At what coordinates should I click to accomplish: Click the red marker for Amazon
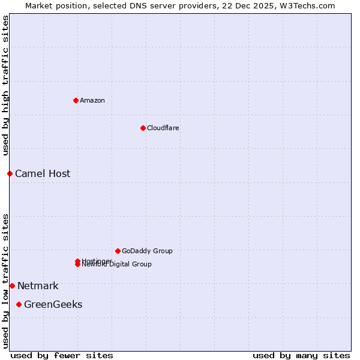coord(76,100)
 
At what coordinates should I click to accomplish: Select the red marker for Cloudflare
coord(143,128)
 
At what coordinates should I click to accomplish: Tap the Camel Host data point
coord(10,173)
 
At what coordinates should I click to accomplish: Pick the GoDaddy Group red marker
coord(118,251)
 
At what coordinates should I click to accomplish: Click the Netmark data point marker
coord(12,286)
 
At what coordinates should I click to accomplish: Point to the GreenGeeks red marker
coord(19,304)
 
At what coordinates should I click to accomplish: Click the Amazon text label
coord(92,100)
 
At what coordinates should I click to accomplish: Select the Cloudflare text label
coord(163,128)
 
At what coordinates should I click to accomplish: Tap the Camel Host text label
coord(43,173)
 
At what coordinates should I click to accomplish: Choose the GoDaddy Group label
coord(147,251)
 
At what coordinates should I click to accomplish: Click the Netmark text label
coord(38,286)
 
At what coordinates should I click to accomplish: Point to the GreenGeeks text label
coord(53,304)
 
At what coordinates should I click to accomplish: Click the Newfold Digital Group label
coord(118,265)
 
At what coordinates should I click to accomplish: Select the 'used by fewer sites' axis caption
coord(62,355)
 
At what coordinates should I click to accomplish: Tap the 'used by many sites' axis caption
coord(301,355)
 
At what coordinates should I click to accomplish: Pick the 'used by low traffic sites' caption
coord(5,281)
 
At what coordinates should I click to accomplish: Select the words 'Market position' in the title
coord(53,5)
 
